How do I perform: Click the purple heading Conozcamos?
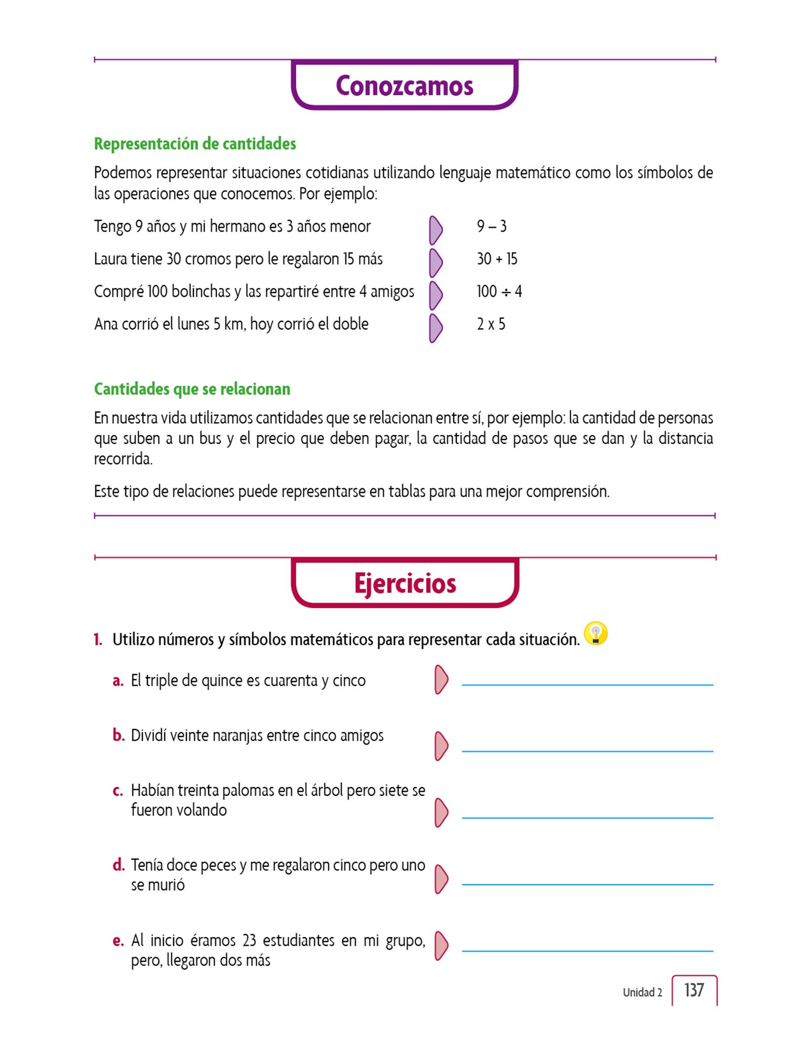pyautogui.click(x=404, y=86)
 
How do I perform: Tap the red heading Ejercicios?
pyautogui.click(x=405, y=583)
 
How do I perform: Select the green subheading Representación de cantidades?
pyautogui.click(x=195, y=144)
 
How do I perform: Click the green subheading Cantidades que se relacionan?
pyautogui.click(x=192, y=389)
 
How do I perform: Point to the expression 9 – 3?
pyautogui.click(x=491, y=227)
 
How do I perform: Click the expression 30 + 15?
pyautogui.click(x=497, y=259)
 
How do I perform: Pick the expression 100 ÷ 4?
pyautogui.click(x=499, y=291)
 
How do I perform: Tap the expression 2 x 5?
pyautogui.click(x=491, y=324)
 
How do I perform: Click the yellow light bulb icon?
pyautogui.click(x=596, y=634)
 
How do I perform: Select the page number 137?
pyautogui.click(x=694, y=990)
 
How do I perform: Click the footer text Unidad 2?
pyautogui.click(x=642, y=992)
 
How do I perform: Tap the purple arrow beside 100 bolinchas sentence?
pyautogui.click(x=435, y=295)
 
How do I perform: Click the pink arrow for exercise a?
pyautogui.click(x=441, y=680)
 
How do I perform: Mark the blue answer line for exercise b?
pyautogui.click(x=587, y=751)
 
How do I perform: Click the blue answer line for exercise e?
pyautogui.click(x=587, y=951)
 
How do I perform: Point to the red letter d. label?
pyautogui.click(x=118, y=865)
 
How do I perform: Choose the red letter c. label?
pyautogui.click(x=117, y=791)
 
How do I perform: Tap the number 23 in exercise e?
pyautogui.click(x=249, y=941)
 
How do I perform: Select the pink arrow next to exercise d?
pyautogui.click(x=441, y=879)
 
